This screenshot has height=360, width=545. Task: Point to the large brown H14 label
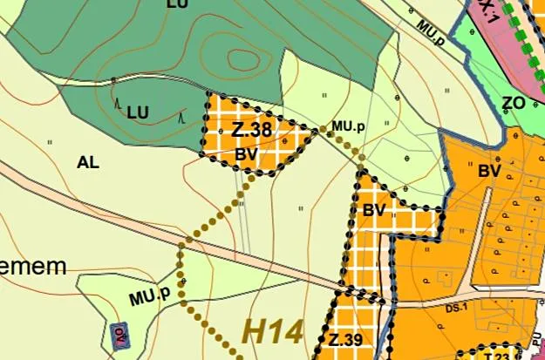pos(272,331)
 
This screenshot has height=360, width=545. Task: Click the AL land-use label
pos(88,162)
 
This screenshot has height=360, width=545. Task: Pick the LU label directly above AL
pos(138,112)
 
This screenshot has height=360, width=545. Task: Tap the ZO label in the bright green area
pos(514,103)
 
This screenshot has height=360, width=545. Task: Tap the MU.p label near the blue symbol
pos(149,296)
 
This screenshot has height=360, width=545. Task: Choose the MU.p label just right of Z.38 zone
pos(347,126)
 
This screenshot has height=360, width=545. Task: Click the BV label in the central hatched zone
pos(374,210)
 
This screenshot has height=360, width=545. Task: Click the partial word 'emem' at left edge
pos(32,267)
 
